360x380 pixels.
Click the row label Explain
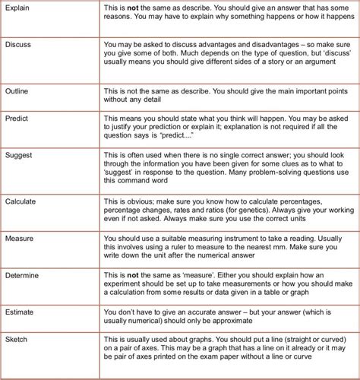(x=18, y=8)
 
